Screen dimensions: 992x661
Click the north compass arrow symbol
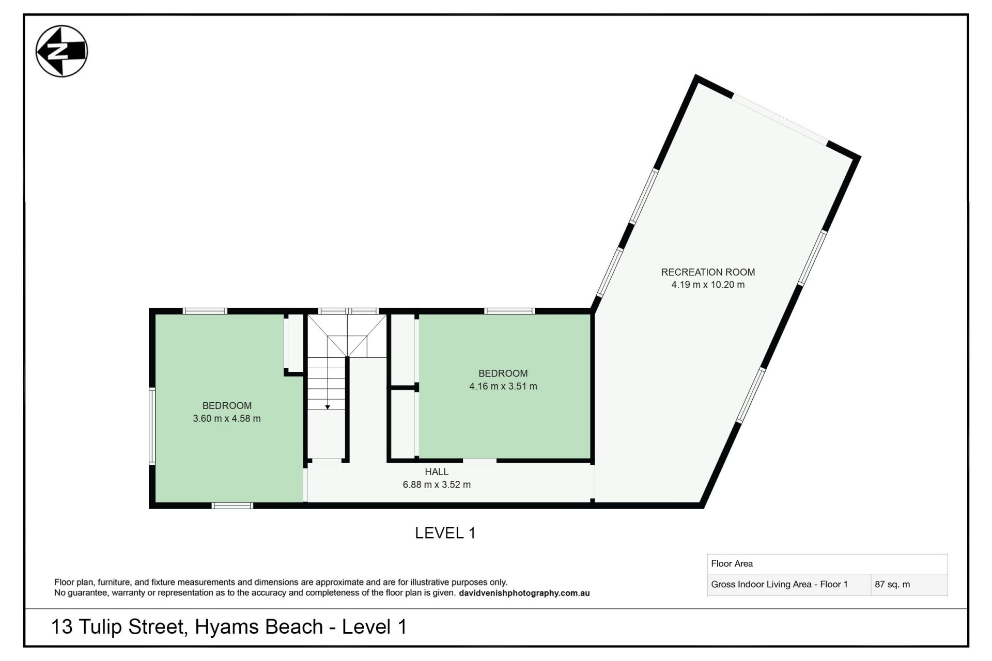pyautogui.click(x=61, y=51)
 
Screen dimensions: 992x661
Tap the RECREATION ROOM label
pyautogui.click(x=708, y=272)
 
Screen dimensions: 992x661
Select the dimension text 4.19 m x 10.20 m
pyautogui.click(x=708, y=285)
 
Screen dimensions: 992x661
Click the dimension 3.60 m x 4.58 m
pyautogui.click(x=227, y=418)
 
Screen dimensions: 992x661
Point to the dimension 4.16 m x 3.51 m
pyautogui.click(x=503, y=386)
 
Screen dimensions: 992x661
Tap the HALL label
pyautogui.click(x=437, y=471)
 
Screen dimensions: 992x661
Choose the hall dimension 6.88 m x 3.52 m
pyautogui.click(x=437, y=484)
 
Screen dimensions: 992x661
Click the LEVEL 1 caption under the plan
pyautogui.click(x=445, y=533)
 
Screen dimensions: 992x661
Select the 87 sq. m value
pyautogui.click(x=892, y=585)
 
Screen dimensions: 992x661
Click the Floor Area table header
pyautogui.click(x=732, y=563)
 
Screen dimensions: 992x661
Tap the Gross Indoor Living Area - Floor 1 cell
pyautogui.click(x=779, y=585)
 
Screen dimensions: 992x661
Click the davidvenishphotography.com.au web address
pyautogui.click(x=524, y=593)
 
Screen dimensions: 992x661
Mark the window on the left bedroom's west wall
pyautogui.click(x=152, y=426)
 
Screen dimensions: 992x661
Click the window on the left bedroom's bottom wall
pyautogui.click(x=232, y=506)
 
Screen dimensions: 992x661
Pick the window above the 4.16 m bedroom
pyautogui.click(x=509, y=311)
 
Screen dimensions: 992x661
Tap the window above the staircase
pyautogui.click(x=348, y=311)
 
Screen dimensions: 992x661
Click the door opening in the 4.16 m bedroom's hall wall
pyautogui.click(x=479, y=460)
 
